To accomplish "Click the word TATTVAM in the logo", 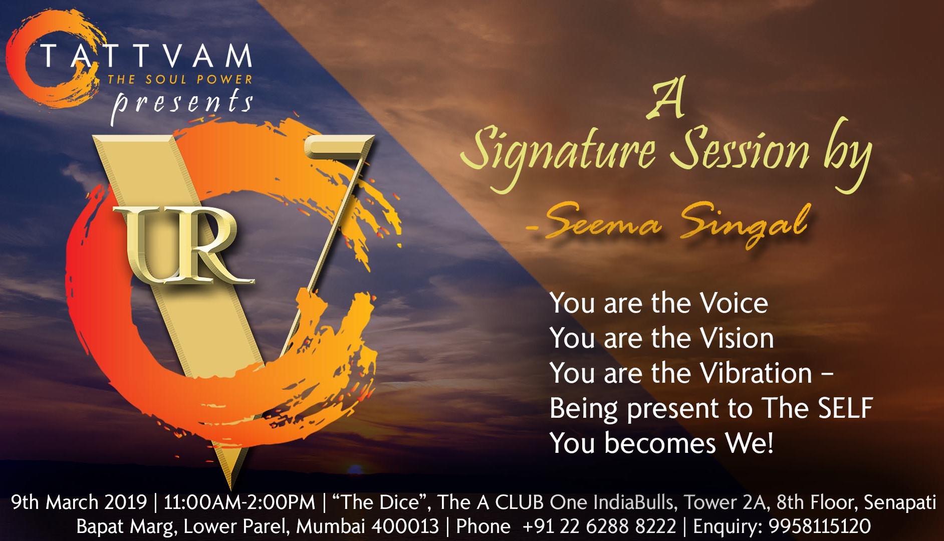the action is click(146, 56).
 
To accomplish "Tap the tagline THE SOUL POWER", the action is click(180, 79).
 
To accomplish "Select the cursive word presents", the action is click(182, 104).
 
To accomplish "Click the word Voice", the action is click(734, 304).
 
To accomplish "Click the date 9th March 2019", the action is click(79, 502).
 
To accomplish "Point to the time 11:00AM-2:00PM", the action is click(240, 502).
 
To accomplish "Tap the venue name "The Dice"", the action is click(379, 502).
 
